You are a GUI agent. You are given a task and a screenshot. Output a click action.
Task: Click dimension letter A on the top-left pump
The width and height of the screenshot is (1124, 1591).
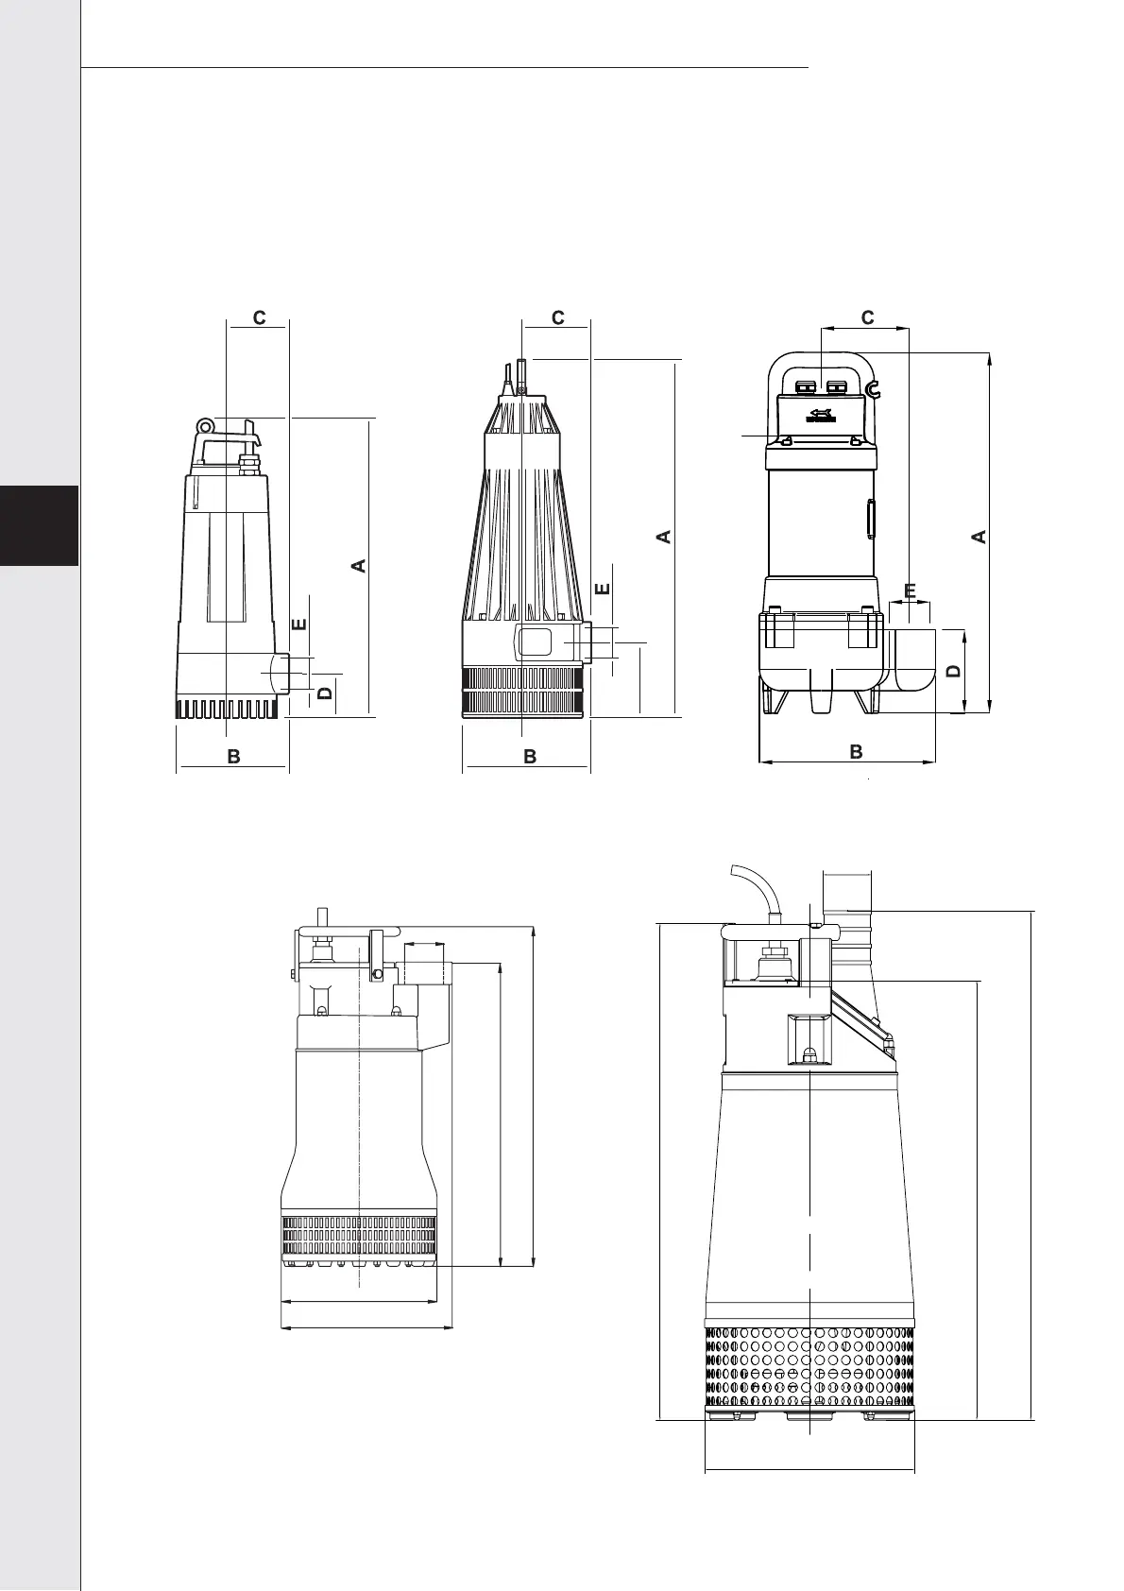tap(359, 565)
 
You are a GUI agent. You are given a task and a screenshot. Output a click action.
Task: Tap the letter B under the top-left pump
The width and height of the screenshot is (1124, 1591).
tap(233, 757)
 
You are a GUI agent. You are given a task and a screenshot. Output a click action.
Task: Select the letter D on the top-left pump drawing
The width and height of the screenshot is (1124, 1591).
tap(325, 692)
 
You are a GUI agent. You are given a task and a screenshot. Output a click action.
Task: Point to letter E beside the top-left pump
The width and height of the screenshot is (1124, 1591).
tap(299, 624)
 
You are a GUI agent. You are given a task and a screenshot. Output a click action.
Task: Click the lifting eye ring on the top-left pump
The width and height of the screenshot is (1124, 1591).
tap(205, 425)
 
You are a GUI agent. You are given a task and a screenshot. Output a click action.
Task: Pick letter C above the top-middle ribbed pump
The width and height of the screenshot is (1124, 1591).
tap(557, 317)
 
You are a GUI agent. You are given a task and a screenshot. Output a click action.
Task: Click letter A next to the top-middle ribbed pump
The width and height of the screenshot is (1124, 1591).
tap(663, 537)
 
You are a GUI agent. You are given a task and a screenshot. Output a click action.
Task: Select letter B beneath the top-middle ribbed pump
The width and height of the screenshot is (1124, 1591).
tap(530, 757)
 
